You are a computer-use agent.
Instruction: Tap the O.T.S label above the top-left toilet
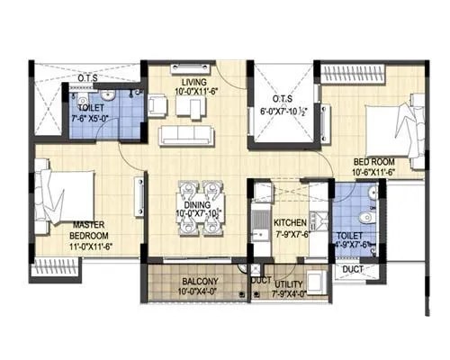pyautogui.click(x=88, y=78)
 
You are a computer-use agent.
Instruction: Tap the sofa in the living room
pyautogui.click(x=186, y=136)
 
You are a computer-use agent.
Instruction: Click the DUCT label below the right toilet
pyautogui.click(x=354, y=268)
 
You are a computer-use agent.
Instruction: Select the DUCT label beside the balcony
pyautogui.click(x=261, y=281)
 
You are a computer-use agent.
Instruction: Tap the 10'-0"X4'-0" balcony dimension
pyautogui.click(x=191, y=292)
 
